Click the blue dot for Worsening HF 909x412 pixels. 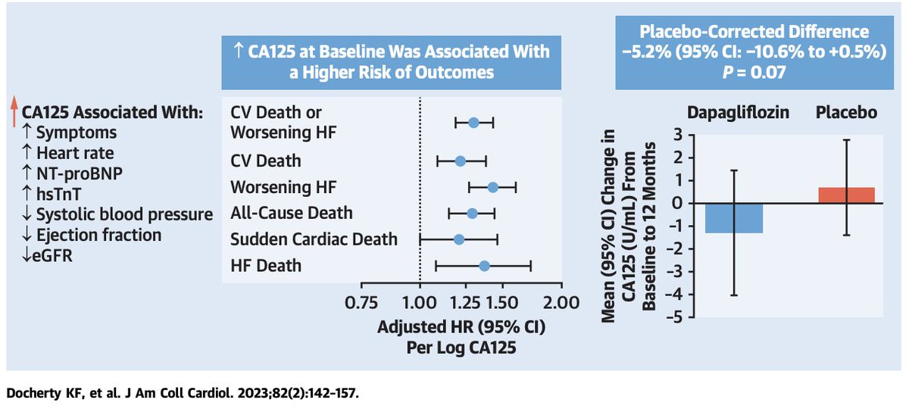click(492, 187)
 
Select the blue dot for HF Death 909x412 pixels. click(484, 265)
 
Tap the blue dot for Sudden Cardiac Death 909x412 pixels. click(459, 239)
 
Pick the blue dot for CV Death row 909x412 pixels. click(460, 161)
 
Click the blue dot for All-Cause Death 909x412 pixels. click(472, 213)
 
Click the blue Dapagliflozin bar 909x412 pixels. click(734, 218)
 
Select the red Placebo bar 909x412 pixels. click(846, 195)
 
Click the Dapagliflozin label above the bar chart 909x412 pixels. click(733, 112)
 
